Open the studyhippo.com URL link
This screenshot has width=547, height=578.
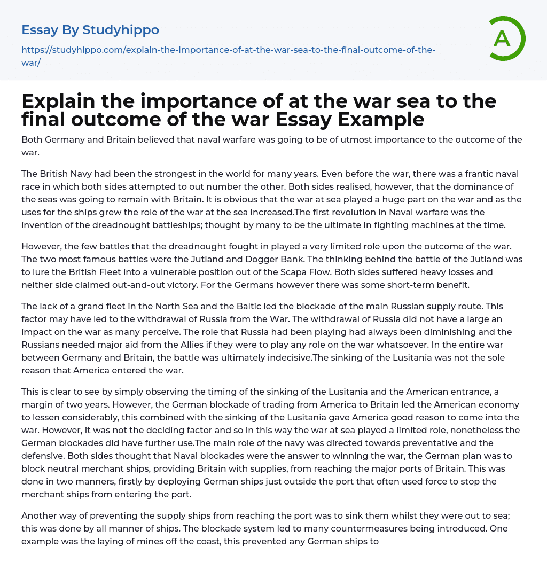pos(228,56)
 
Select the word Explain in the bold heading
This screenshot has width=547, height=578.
pos(64,101)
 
